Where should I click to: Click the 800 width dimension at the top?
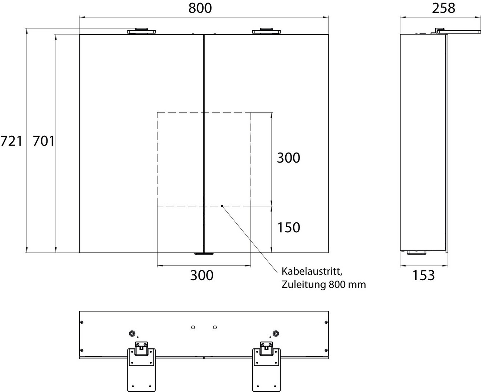200,8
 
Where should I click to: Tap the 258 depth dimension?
444,8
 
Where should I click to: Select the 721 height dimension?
11,141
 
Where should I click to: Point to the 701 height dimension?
44,141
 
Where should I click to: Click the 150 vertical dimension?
289,227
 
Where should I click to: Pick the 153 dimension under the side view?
424,275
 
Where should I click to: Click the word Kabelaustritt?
312,271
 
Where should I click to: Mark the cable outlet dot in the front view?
222,206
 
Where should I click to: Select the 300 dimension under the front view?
202,275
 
